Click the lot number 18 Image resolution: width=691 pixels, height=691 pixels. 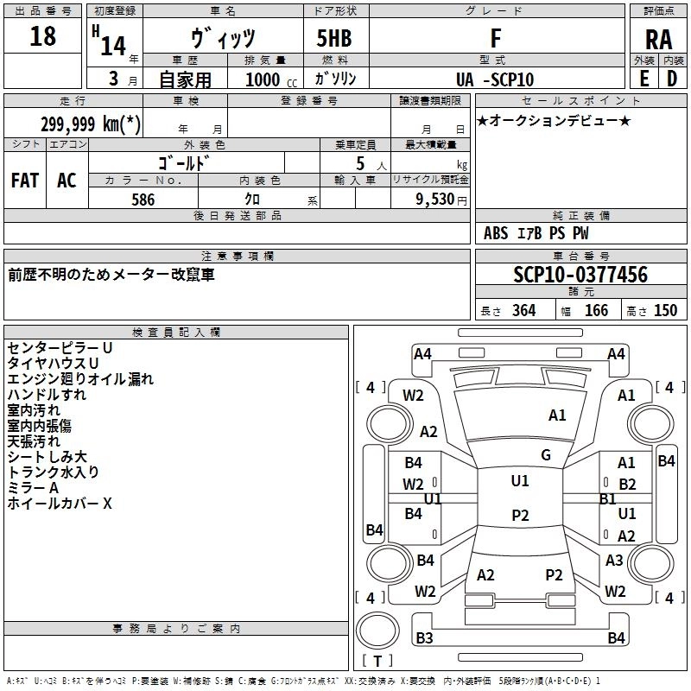point(42,36)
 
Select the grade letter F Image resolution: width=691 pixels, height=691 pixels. point(496,38)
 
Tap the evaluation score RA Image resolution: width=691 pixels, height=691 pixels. point(658,40)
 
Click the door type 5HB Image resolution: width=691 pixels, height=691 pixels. point(334,38)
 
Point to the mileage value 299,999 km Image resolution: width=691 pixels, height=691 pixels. point(91,124)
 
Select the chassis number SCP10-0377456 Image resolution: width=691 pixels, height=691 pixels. point(580,275)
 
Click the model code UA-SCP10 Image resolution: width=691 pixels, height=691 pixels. point(495,79)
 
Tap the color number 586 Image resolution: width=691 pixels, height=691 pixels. point(143,200)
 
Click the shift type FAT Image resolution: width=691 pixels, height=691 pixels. point(25,181)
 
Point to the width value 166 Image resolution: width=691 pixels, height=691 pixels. point(596,310)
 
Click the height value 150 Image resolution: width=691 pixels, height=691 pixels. point(665,310)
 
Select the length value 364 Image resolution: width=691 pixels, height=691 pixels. point(523,310)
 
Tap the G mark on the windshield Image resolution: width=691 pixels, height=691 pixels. point(546,455)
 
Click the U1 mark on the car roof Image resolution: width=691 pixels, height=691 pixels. point(520,481)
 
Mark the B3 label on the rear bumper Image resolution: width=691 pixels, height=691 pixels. point(424,637)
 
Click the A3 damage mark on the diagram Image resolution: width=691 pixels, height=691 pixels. point(614,560)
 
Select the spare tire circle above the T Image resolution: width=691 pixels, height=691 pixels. point(377,631)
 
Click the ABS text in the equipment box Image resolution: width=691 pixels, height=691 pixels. point(496,233)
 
